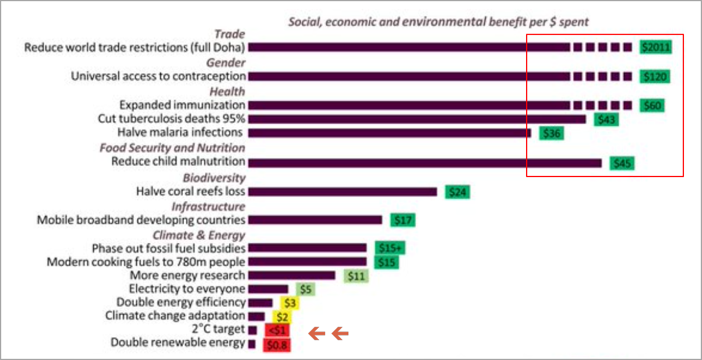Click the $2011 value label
pyautogui.click(x=656, y=47)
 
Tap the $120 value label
pyautogui.click(x=655, y=76)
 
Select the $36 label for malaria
pyautogui.click(x=551, y=133)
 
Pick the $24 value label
pyautogui.click(x=457, y=192)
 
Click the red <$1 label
pyautogui.click(x=277, y=330)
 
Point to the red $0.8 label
pyautogui.click(x=276, y=344)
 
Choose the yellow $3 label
pyautogui.click(x=289, y=302)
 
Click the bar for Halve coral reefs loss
pyautogui.click(x=343, y=192)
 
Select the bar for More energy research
pyautogui.click(x=292, y=276)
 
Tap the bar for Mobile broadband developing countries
pyautogui.click(x=315, y=220)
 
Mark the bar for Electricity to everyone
pyautogui.click(x=268, y=289)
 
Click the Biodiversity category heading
pyautogui.click(x=214, y=178)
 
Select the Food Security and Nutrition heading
pyautogui.click(x=172, y=148)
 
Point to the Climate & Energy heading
pyautogui.click(x=199, y=235)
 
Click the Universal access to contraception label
pyautogui.click(x=158, y=76)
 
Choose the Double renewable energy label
pyautogui.click(x=178, y=343)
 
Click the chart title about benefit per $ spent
pyautogui.click(x=439, y=22)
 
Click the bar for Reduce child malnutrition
pyautogui.click(x=425, y=163)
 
